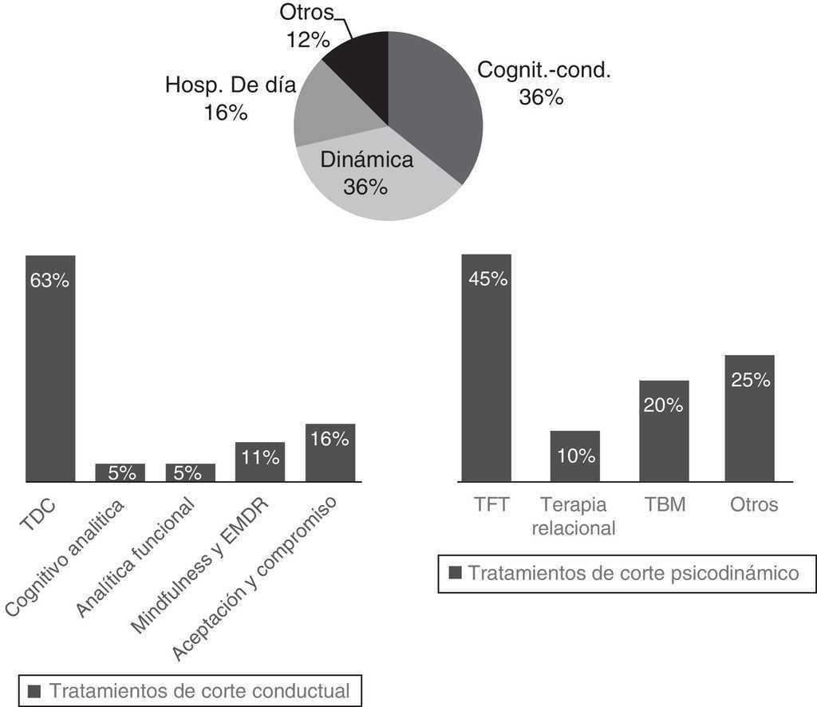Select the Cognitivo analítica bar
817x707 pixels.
pos(120,473)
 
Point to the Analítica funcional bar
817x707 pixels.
pos(191,473)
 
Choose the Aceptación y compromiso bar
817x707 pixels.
pos(330,453)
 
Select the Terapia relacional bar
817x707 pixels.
pos(575,456)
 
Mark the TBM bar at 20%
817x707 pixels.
pos(664,431)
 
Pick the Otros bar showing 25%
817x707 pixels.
pos(750,418)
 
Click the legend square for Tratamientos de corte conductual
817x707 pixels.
pos(34,691)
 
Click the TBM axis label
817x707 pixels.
pos(664,505)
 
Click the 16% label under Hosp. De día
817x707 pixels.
pos(226,113)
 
